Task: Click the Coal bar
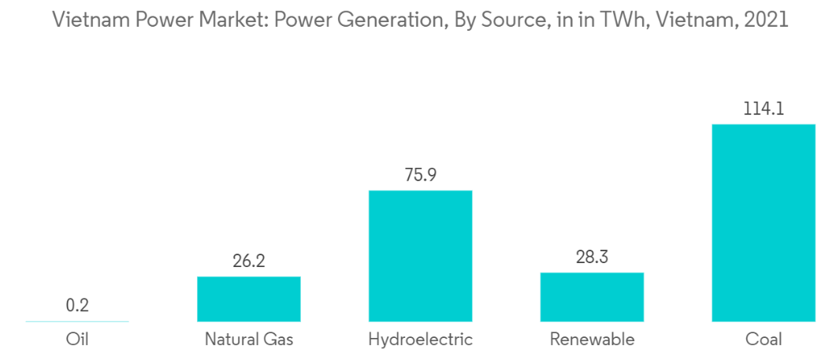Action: point(764,223)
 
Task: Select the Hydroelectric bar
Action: point(421,256)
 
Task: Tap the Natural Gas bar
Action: point(248,299)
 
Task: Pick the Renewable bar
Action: point(592,297)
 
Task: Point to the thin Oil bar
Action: point(77,321)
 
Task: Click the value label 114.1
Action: point(764,109)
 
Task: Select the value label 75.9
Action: point(421,175)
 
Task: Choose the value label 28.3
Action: point(592,257)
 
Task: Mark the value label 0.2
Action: point(77,306)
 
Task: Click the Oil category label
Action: point(77,339)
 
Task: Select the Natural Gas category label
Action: point(248,339)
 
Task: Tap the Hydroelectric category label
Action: point(421,339)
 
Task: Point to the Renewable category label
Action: point(592,339)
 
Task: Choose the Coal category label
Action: point(764,339)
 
